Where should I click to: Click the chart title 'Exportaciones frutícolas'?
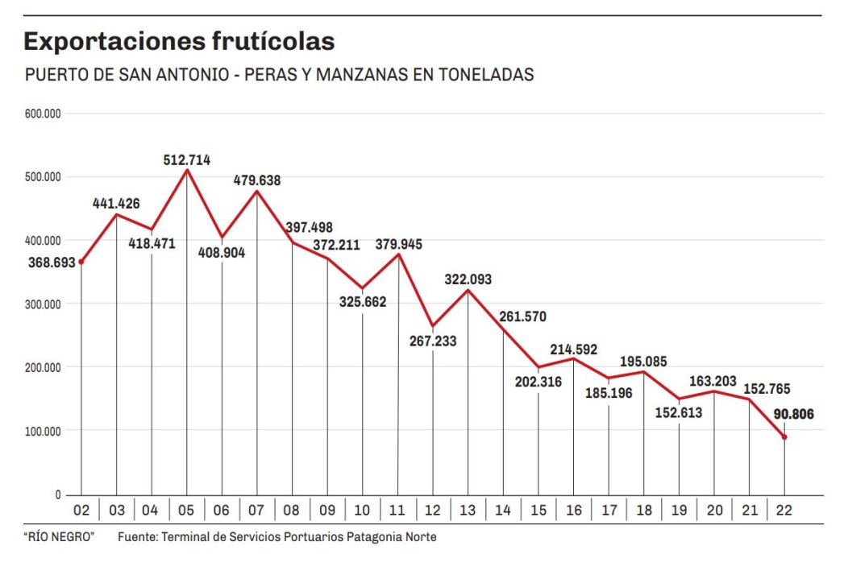click(x=178, y=40)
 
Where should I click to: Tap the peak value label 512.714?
click(x=187, y=160)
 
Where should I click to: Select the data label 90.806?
click(x=794, y=415)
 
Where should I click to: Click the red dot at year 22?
click(x=785, y=437)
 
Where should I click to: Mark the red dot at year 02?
click(x=81, y=262)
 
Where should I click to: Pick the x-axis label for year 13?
click(x=468, y=511)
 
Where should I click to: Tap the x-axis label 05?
click(x=187, y=511)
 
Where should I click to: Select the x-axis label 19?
click(x=679, y=511)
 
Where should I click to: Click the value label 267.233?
click(x=432, y=341)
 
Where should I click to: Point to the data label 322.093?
click(x=468, y=279)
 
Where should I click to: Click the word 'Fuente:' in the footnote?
click(x=138, y=537)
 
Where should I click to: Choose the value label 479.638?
click(x=257, y=180)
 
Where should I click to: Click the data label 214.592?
click(x=574, y=349)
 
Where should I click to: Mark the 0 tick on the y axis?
click(x=57, y=494)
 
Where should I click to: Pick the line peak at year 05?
click(x=187, y=170)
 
